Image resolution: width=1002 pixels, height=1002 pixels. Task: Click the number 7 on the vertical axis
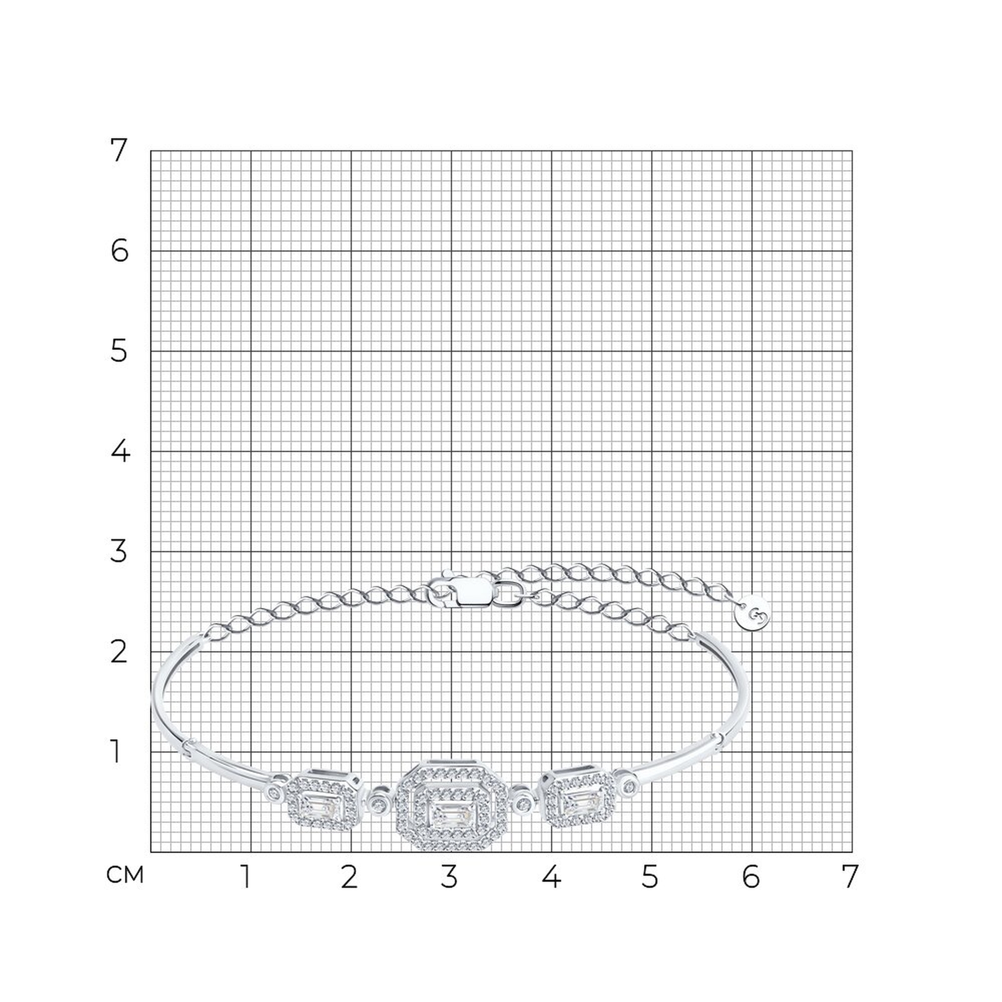[x=119, y=150]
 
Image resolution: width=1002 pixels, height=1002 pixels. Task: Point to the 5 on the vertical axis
[x=119, y=351]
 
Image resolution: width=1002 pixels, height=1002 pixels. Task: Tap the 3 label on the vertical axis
[x=119, y=551]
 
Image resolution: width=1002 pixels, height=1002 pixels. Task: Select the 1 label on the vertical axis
[x=116, y=751]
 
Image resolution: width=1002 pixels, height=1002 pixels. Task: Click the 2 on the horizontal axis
[x=349, y=877]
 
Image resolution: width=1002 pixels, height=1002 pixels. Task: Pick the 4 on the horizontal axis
[x=551, y=877]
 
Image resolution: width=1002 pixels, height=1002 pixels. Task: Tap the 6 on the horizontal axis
[x=751, y=877]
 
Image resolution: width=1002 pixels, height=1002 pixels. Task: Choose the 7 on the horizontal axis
[x=849, y=877]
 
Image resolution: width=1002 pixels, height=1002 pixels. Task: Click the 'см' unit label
[x=125, y=875]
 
